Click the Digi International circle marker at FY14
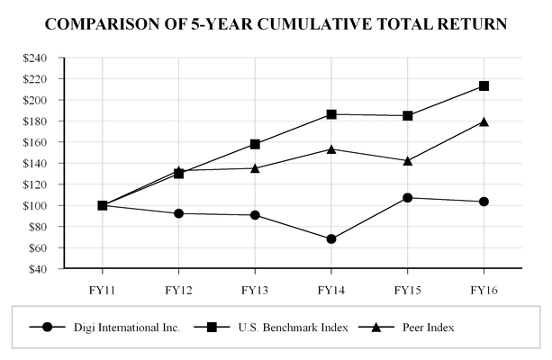pyautogui.click(x=331, y=239)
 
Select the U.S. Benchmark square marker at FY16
pyautogui.click(x=484, y=85)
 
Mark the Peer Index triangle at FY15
pyautogui.click(x=408, y=160)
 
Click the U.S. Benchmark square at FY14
pyautogui.click(x=331, y=114)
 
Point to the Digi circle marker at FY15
pyautogui.click(x=408, y=197)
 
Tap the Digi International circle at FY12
pyautogui.click(x=178, y=213)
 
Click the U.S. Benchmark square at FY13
pyautogui.click(x=255, y=144)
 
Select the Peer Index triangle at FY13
pyautogui.click(x=255, y=167)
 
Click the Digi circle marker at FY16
pyautogui.click(x=484, y=202)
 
